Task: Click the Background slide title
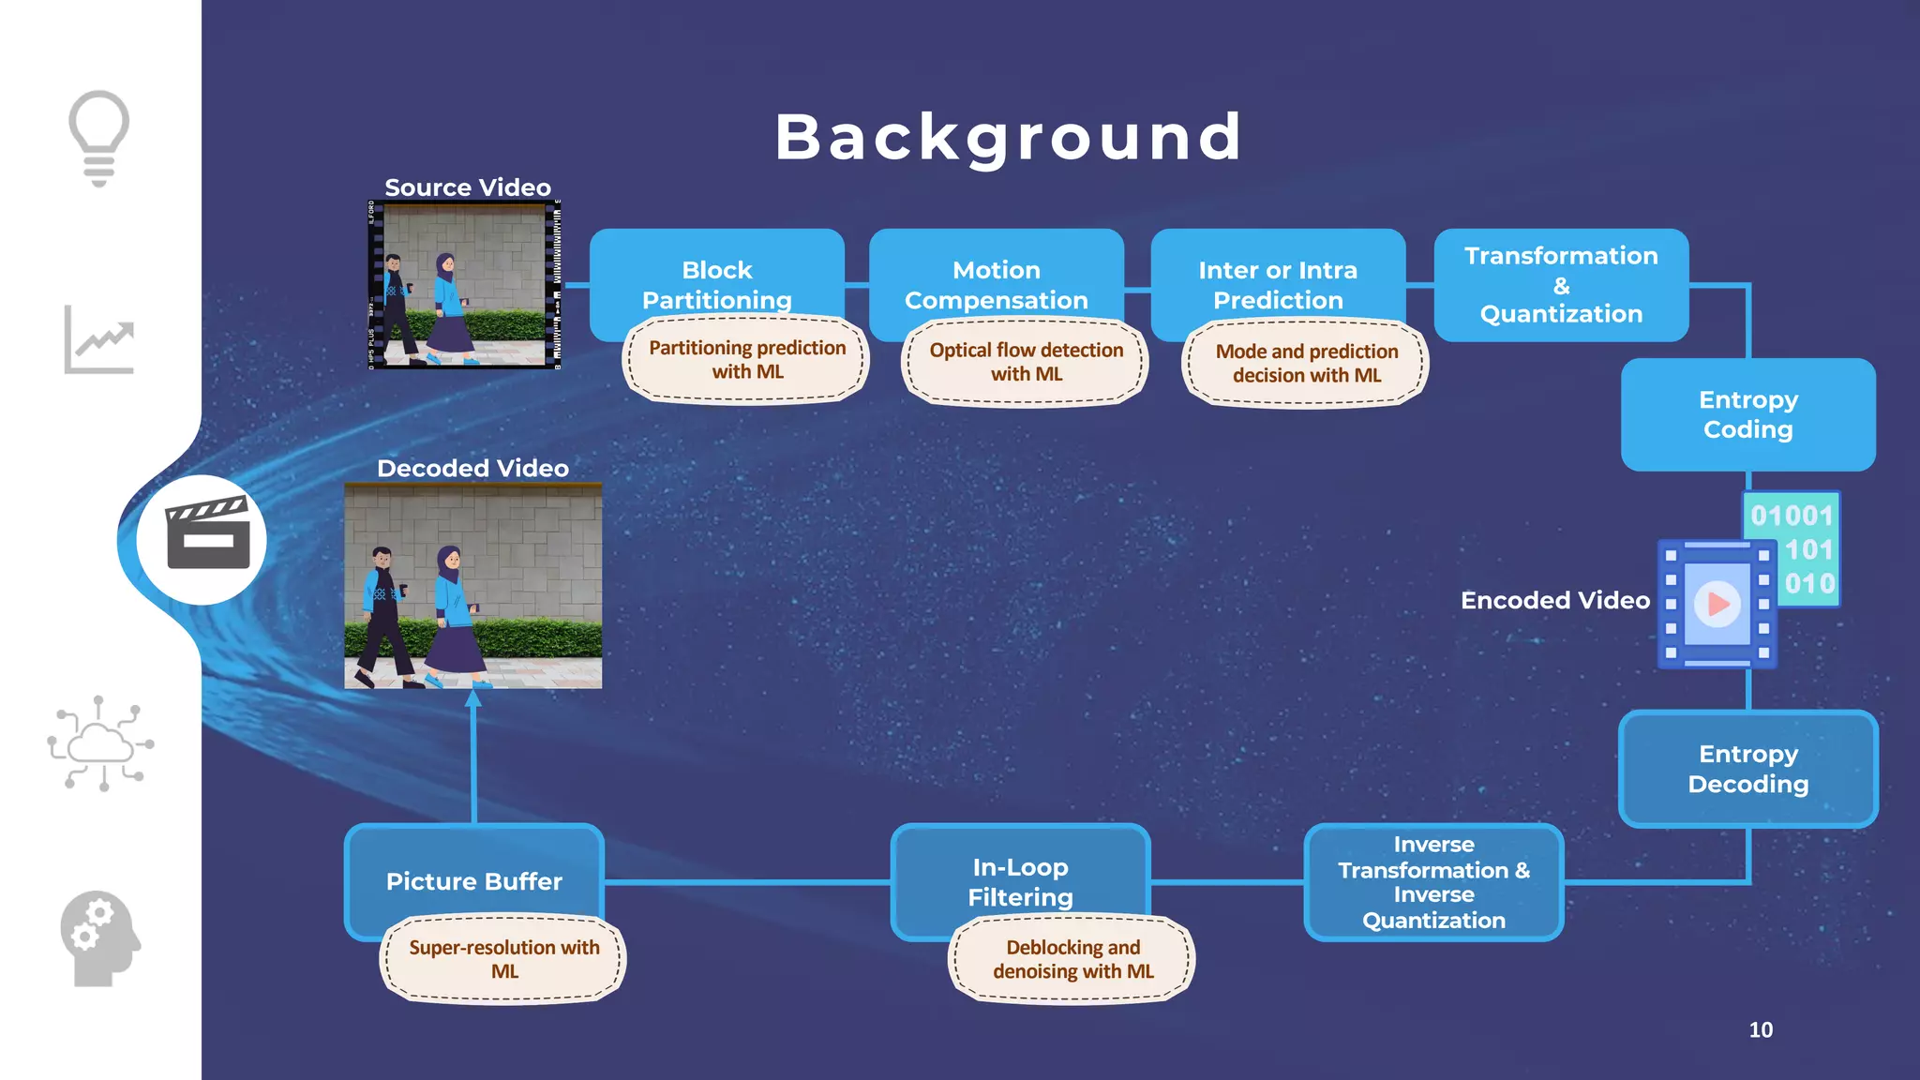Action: point(1009,137)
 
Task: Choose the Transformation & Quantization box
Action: point(1561,284)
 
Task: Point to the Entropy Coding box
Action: point(1747,414)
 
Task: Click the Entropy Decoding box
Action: point(1747,769)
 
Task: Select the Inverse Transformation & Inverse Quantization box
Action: point(1433,882)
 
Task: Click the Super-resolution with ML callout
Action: point(503,959)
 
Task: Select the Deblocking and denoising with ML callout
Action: point(1072,959)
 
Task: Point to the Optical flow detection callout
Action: point(1026,362)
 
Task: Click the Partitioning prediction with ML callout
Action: point(747,360)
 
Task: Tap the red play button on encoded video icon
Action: point(1718,604)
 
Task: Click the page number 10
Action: point(1761,1029)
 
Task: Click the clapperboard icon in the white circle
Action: point(207,534)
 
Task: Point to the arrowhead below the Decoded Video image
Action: point(473,698)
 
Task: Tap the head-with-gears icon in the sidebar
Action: point(99,937)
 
